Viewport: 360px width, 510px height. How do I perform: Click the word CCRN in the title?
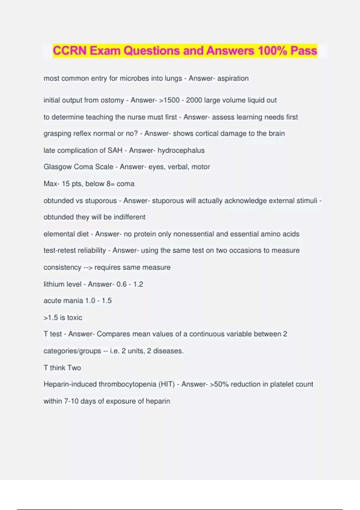pyautogui.click(x=70, y=51)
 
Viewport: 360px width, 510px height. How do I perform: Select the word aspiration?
pyautogui.click(x=233, y=78)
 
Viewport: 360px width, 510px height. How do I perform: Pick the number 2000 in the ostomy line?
pyautogui.click(x=194, y=100)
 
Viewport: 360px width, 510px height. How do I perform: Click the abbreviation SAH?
pyautogui.click(x=115, y=150)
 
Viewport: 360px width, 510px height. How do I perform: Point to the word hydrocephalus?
pyautogui.click(x=181, y=150)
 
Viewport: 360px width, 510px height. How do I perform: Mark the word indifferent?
pyautogui.click(x=129, y=217)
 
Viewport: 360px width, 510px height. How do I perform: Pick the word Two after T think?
pyautogui.click(x=74, y=368)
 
